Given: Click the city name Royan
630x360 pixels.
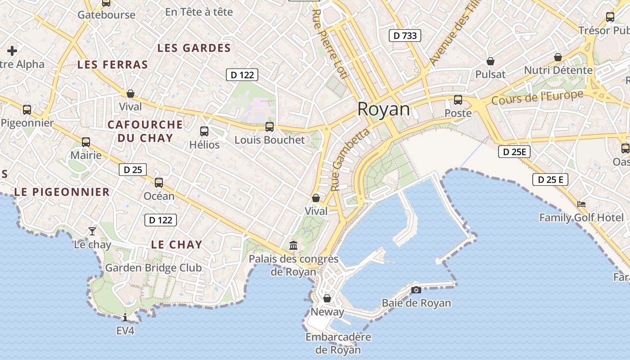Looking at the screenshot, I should click(384, 109).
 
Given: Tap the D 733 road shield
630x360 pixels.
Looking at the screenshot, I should click(405, 36).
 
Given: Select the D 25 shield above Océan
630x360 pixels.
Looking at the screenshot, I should click(133, 170).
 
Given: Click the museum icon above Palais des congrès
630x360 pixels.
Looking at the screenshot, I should click(293, 245).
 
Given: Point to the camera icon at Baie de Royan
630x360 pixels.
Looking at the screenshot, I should click(416, 290).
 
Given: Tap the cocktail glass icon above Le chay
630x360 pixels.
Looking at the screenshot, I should click(92, 231).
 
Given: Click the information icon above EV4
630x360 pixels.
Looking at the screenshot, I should click(125, 318).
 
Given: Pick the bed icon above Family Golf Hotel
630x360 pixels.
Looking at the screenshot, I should click(581, 204).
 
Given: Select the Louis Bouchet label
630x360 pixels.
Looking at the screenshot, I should click(270, 140).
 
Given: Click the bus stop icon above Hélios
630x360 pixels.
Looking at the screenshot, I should click(204, 131).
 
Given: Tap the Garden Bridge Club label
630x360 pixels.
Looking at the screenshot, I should click(153, 268).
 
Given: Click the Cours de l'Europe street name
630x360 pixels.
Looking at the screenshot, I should click(537, 97).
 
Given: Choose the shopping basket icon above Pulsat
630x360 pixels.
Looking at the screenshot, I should click(490, 61).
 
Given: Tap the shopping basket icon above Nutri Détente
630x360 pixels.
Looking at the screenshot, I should click(558, 57).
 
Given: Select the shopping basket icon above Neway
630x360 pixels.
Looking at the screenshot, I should click(327, 298).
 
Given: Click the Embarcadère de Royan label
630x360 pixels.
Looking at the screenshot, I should click(338, 343).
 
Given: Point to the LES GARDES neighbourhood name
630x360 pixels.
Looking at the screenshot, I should click(194, 48).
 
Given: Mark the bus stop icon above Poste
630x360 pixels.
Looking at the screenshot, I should click(458, 100).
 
